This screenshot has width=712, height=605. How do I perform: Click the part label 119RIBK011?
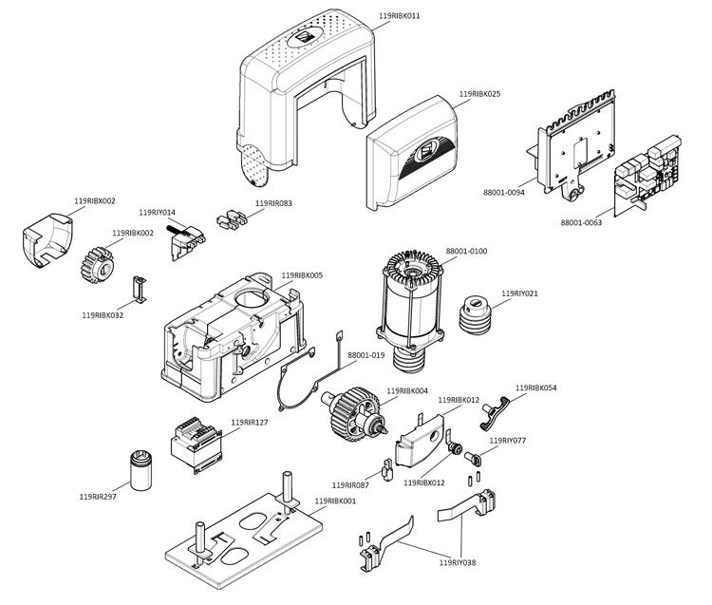click(x=400, y=16)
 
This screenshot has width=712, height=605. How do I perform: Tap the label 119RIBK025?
click(x=479, y=94)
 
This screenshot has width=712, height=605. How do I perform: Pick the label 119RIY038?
click(x=458, y=563)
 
